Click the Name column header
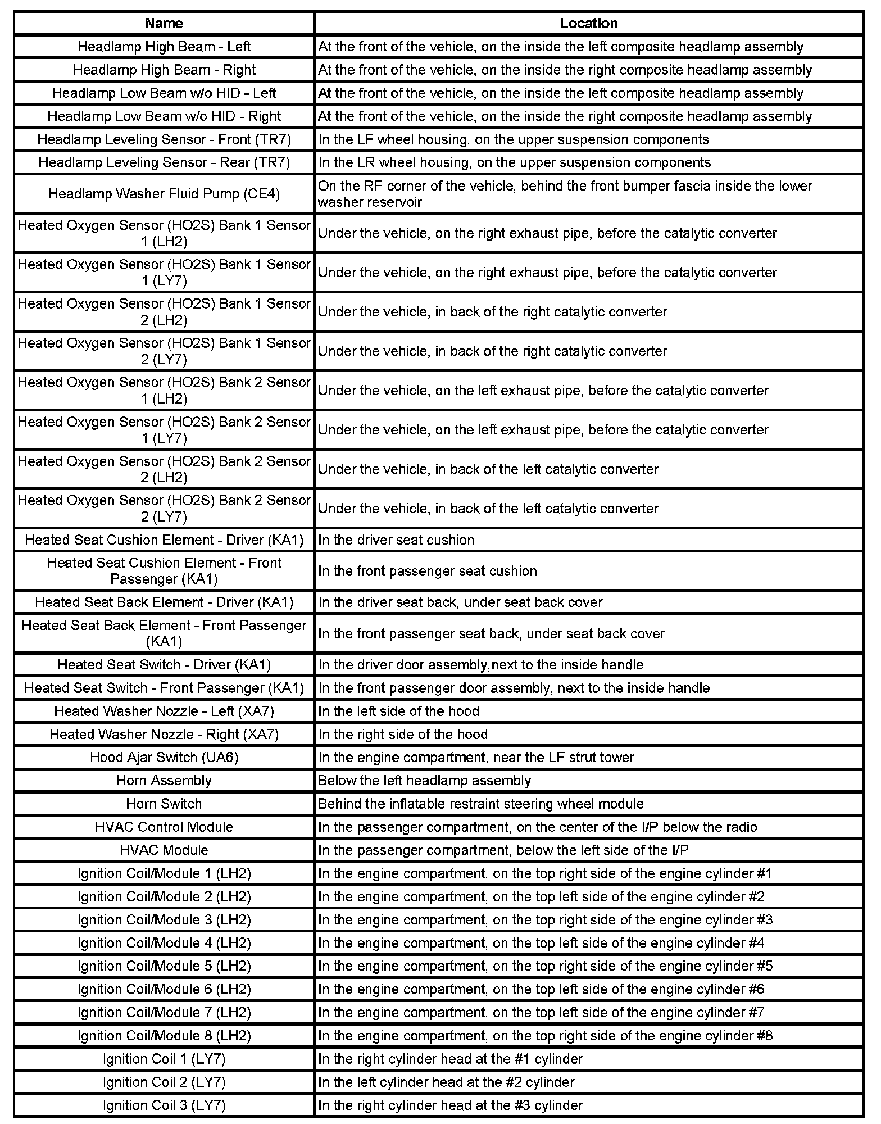[164, 23]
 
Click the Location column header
[588, 23]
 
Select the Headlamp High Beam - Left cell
[164, 47]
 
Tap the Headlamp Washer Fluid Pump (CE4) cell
[164, 194]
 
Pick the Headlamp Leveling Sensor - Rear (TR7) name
[164, 162]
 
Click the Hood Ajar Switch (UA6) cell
[164, 758]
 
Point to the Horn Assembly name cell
[164, 781]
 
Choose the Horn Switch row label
[164, 804]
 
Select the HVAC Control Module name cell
[164, 827]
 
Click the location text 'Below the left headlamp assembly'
[424, 781]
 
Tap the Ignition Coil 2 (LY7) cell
[164, 1082]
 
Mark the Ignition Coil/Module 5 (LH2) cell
[164, 966]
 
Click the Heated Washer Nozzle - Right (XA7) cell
[164, 735]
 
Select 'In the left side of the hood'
[398, 711]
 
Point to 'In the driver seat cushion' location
[396, 540]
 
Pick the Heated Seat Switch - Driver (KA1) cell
[164, 665]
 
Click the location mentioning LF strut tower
[476, 758]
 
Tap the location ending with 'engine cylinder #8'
[545, 1036]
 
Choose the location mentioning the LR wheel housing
[514, 162]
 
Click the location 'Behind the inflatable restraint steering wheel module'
[480, 804]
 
